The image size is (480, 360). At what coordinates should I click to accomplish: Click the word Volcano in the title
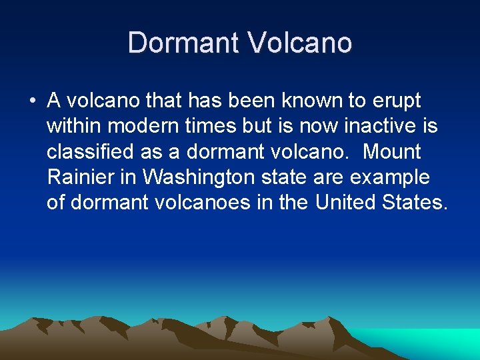(x=300, y=43)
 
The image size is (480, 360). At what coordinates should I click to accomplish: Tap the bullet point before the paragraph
(x=32, y=102)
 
